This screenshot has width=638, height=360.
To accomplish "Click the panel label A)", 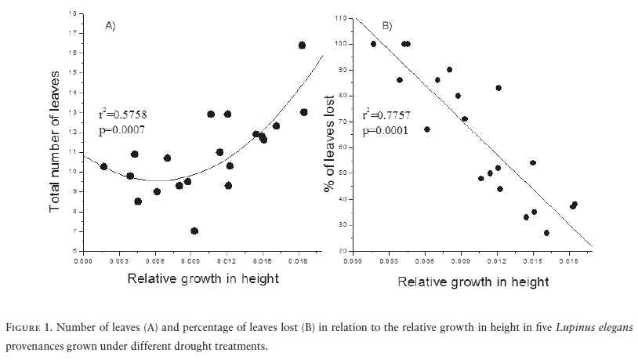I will (x=111, y=26).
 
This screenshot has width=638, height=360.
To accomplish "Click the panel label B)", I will (x=386, y=26).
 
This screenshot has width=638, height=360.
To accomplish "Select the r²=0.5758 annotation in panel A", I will (x=121, y=114).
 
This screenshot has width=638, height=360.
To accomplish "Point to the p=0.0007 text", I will (x=121, y=129).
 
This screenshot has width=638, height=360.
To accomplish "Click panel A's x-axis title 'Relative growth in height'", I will (x=203, y=278).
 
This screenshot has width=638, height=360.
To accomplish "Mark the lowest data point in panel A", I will (x=194, y=231).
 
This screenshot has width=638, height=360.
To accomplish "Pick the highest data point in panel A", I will (x=302, y=45).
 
